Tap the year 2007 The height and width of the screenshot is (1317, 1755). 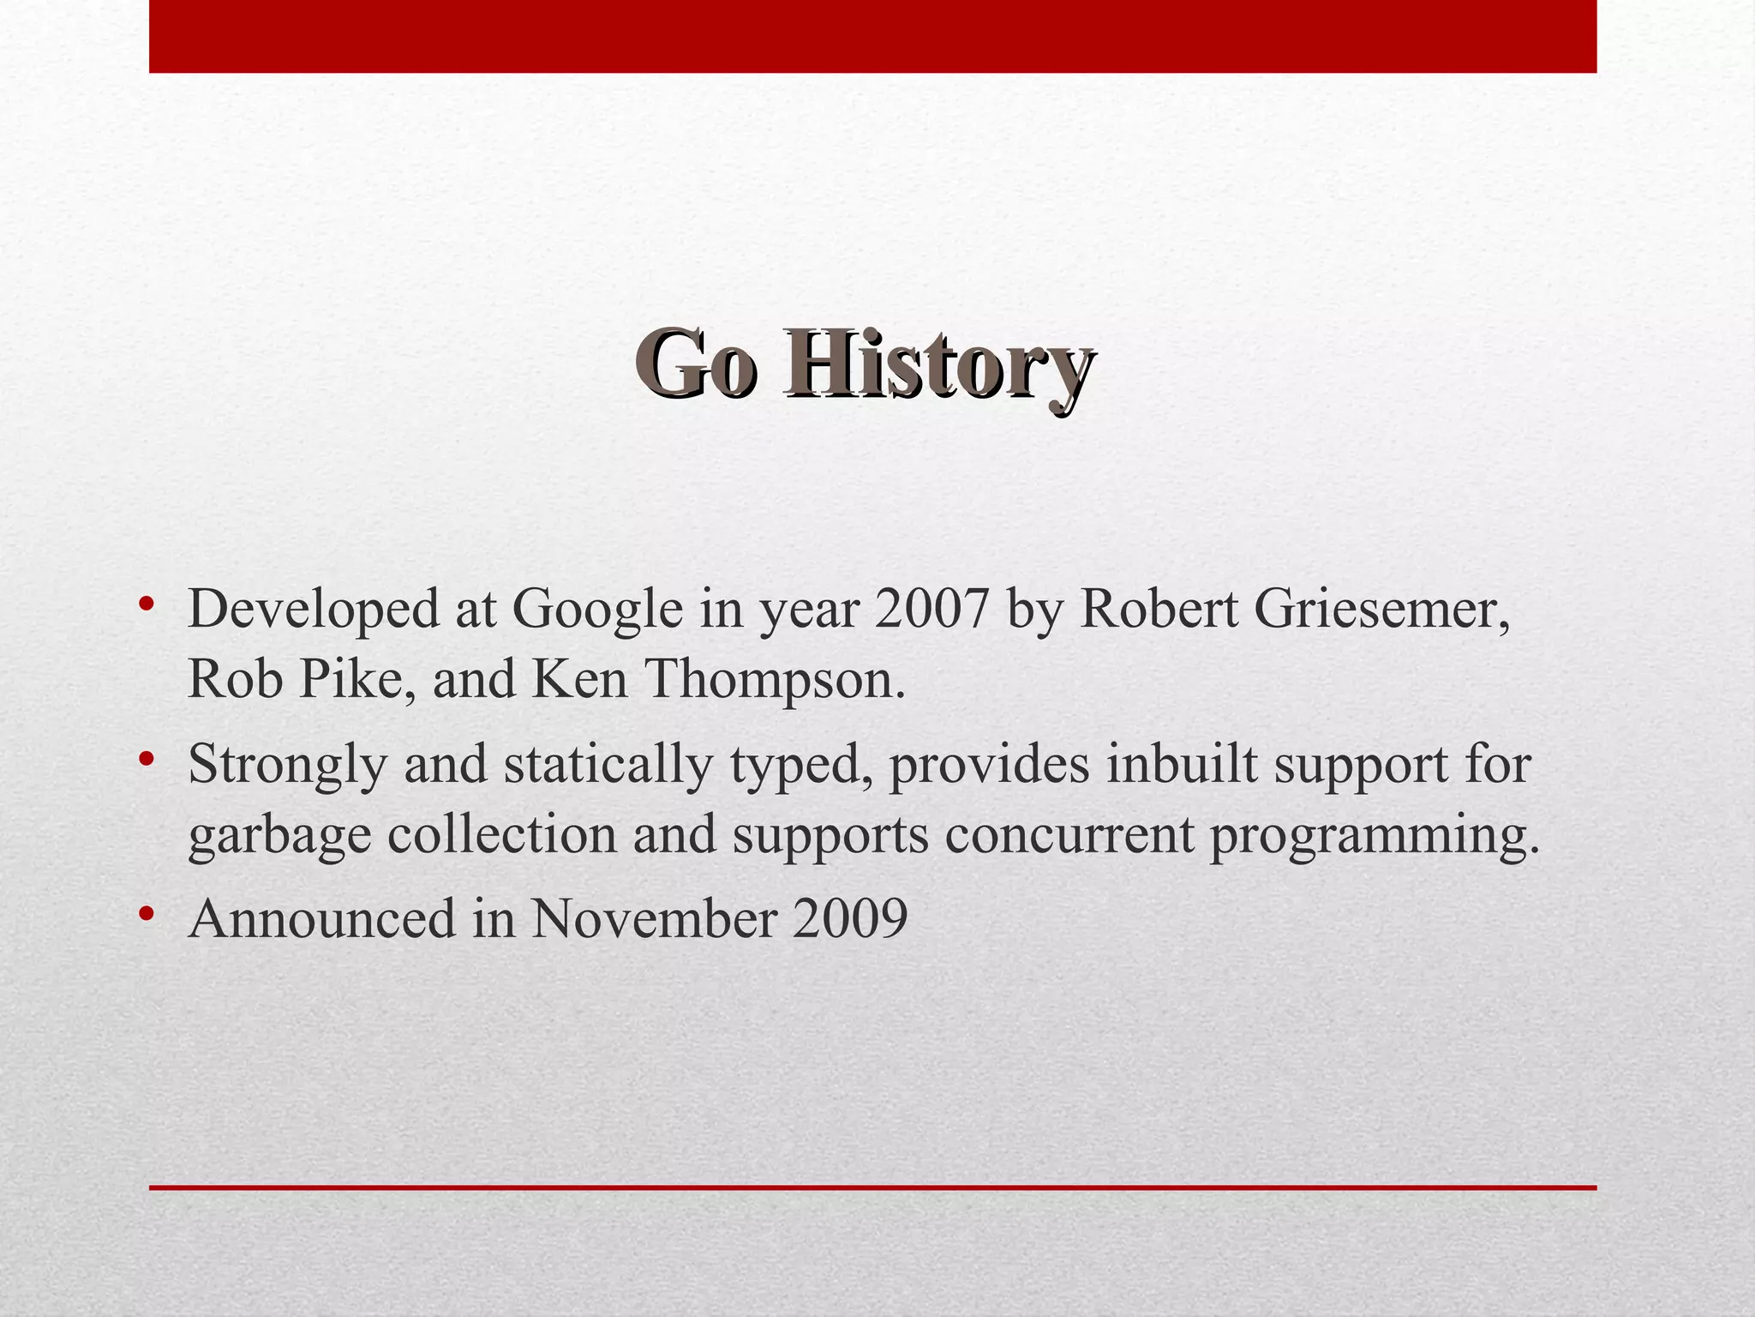click(x=931, y=610)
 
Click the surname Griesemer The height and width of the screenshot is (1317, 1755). click(x=1381, y=610)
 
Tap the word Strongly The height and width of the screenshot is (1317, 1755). click(x=287, y=765)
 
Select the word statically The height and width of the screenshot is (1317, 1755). click(x=608, y=765)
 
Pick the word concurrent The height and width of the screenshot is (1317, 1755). click(x=1069, y=834)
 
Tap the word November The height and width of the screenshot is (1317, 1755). click(x=653, y=919)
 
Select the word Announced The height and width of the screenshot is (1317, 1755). click(x=321, y=919)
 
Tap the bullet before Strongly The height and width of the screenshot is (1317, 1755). click(x=147, y=759)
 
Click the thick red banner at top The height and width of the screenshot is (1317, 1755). click(x=872, y=36)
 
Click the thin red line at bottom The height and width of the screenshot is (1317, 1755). click(x=872, y=1188)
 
